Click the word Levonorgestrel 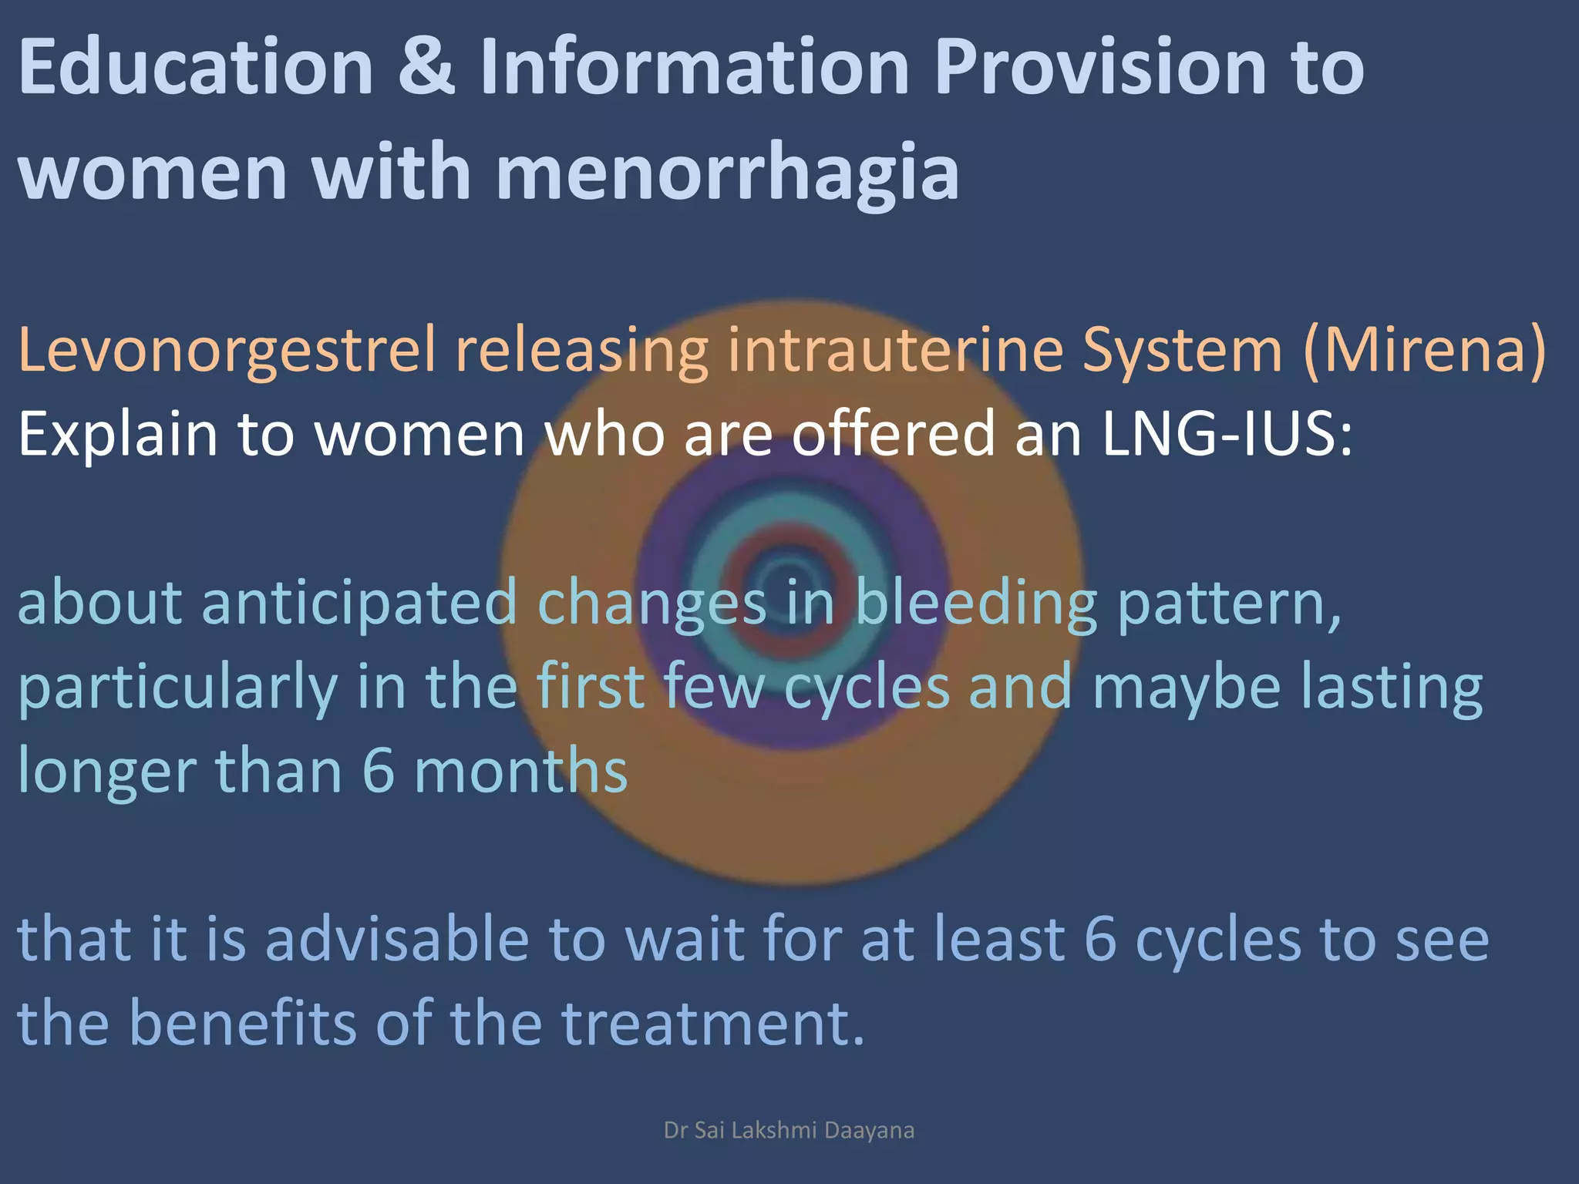point(227,351)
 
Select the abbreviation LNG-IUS point(1227,434)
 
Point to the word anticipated point(359,603)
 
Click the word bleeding point(976,604)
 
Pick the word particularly point(177,688)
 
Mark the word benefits point(242,1023)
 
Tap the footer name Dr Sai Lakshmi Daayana point(789,1130)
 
